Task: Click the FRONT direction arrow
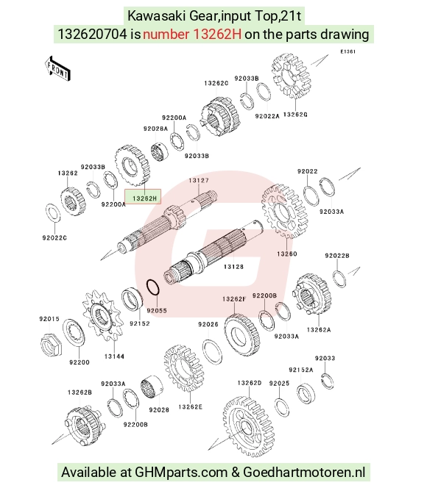pyautogui.click(x=57, y=69)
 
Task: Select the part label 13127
pyautogui.click(x=199, y=181)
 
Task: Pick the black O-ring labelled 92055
pyautogui.click(x=153, y=287)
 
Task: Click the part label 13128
pyautogui.click(x=233, y=267)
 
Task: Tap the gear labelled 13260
pyautogui.click(x=285, y=211)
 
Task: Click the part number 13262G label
pyautogui.click(x=295, y=115)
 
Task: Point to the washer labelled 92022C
pyautogui.click(x=53, y=213)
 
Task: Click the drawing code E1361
pyautogui.click(x=347, y=51)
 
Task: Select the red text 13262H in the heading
pyautogui.click(x=192, y=35)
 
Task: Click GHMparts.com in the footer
pyautogui.click(x=181, y=472)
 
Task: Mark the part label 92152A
pyautogui.click(x=301, y=370)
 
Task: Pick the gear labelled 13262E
pyautogui.click(x=184, y=368)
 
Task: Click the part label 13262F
pyautogui.click(x=234, y=299)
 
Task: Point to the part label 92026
pyautogui.click(x=208, y=324)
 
